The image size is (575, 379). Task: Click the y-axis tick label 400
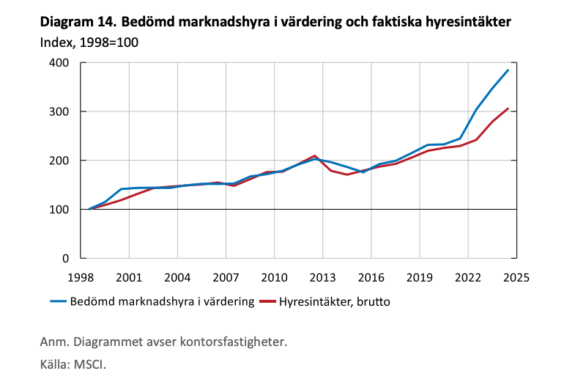pyautogui.click(x=59, y=63)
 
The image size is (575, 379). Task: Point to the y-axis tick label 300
pyautogui.click(x=59, y=111)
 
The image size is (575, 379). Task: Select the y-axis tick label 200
pyautogui.click(x=59, y=161)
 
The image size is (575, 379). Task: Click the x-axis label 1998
pyautogui.click(x=80, y=278)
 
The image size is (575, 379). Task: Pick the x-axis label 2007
pyautogui.click(x=226, y=278)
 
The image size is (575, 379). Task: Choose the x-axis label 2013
pyautogui.click(x=322, y=278)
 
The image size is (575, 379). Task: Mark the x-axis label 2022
pyautogui.click(x=467, y=278)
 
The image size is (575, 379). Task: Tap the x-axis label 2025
pyautogui.click(x=516, y=278)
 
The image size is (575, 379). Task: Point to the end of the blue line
pyautogui.click(x=508, y=70)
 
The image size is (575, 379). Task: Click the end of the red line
pyautogui.click(x=508, y=108)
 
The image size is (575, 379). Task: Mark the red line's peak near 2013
pyautogui.click(x=314, y=155)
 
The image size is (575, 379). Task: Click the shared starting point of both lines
pyautogui.click(x=89, y=209)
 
